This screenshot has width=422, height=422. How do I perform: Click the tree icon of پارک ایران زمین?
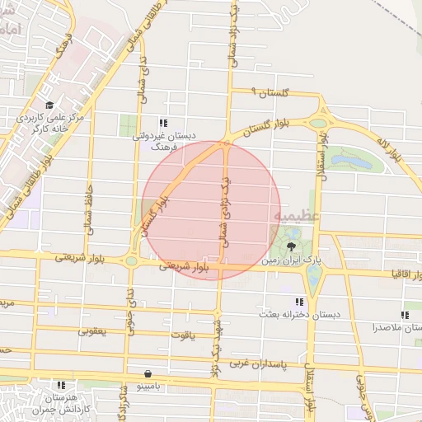click(291, 246)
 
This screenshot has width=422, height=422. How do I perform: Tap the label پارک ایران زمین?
click(292, 260)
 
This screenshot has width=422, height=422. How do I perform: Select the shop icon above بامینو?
click(147, 373)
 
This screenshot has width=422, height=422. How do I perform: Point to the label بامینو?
click(147, 386)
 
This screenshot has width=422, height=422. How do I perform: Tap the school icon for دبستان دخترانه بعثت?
click(298, 302)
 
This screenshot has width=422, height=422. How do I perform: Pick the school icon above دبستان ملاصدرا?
click(405, 314)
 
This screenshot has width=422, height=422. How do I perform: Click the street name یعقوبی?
click(92, 331)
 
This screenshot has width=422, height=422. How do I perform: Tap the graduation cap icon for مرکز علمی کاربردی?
click(50, 105)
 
